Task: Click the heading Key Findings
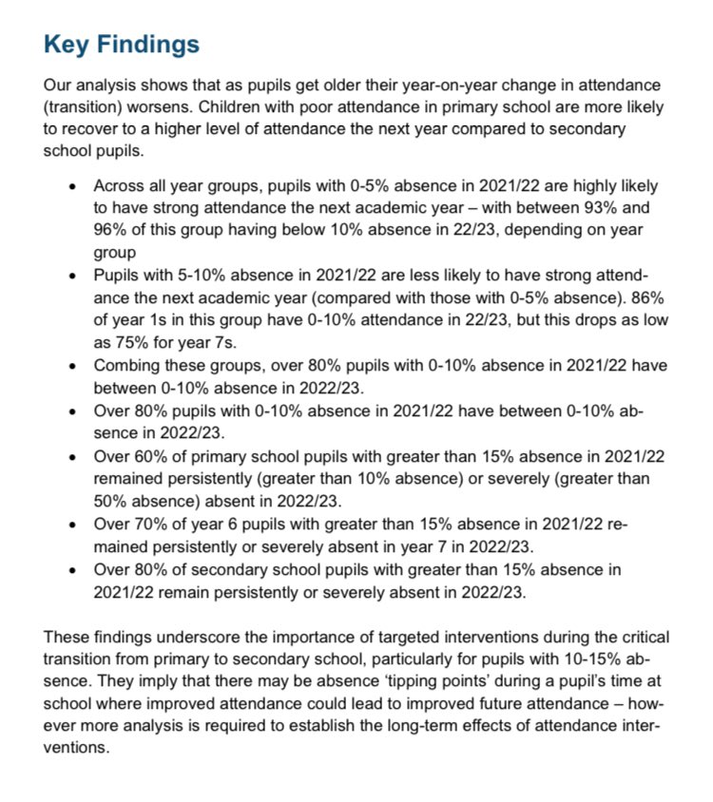(x=122, y=44)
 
